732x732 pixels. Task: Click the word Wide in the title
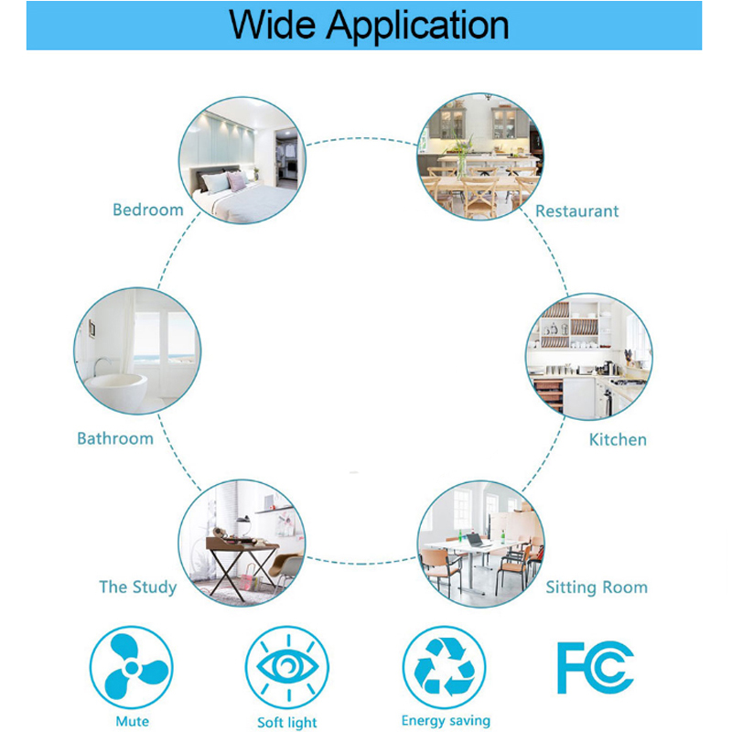point(272,25)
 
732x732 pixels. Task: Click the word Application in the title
point(417,27)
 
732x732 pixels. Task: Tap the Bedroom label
point(148,210)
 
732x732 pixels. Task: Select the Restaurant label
point(576,211)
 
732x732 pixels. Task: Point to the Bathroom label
point(115,438)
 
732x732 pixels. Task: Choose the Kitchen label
point(618,439)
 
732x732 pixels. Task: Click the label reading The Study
point(138,587)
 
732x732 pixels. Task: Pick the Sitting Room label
point(597,587)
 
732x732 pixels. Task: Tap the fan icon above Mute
point(131,668)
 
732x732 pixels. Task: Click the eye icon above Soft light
point(287,668)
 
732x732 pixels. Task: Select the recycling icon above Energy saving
point(444,668)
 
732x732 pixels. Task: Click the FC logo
point(596,668)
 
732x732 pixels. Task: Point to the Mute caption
point(132,721)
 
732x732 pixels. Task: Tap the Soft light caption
point(287,722)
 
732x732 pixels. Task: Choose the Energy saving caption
point(446,721)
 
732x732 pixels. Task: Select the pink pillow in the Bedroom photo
point(237,181)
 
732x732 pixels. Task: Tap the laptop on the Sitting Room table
point(476,541)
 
